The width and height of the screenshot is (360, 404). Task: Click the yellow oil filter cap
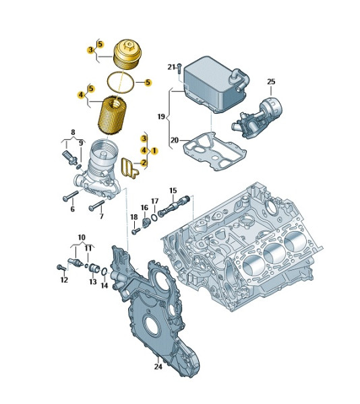(127, 55)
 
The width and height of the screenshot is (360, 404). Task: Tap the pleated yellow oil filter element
(113, 115)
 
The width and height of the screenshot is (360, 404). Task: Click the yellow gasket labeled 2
(129, 168)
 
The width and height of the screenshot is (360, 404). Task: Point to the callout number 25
(271, 81)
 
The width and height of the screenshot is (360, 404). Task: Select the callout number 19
(161, 116)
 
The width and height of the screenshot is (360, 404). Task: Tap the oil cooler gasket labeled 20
(214, 152)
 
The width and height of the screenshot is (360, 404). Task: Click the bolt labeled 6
(70, 196)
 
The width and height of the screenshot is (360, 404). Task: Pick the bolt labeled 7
(97, 205)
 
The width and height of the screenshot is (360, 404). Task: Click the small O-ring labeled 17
(154, 217)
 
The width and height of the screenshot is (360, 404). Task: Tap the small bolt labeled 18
(136, 231)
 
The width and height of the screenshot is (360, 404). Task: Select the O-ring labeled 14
(104, 271)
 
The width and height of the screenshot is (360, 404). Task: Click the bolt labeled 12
(61, 268)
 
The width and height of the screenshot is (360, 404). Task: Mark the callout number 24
(158, 367)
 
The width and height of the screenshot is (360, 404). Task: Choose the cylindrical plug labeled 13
(94, 268)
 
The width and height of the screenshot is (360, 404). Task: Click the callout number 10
(82, 237)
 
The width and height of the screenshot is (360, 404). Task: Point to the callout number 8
(73, 132)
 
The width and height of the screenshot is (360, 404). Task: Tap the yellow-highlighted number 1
(154, 151)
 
